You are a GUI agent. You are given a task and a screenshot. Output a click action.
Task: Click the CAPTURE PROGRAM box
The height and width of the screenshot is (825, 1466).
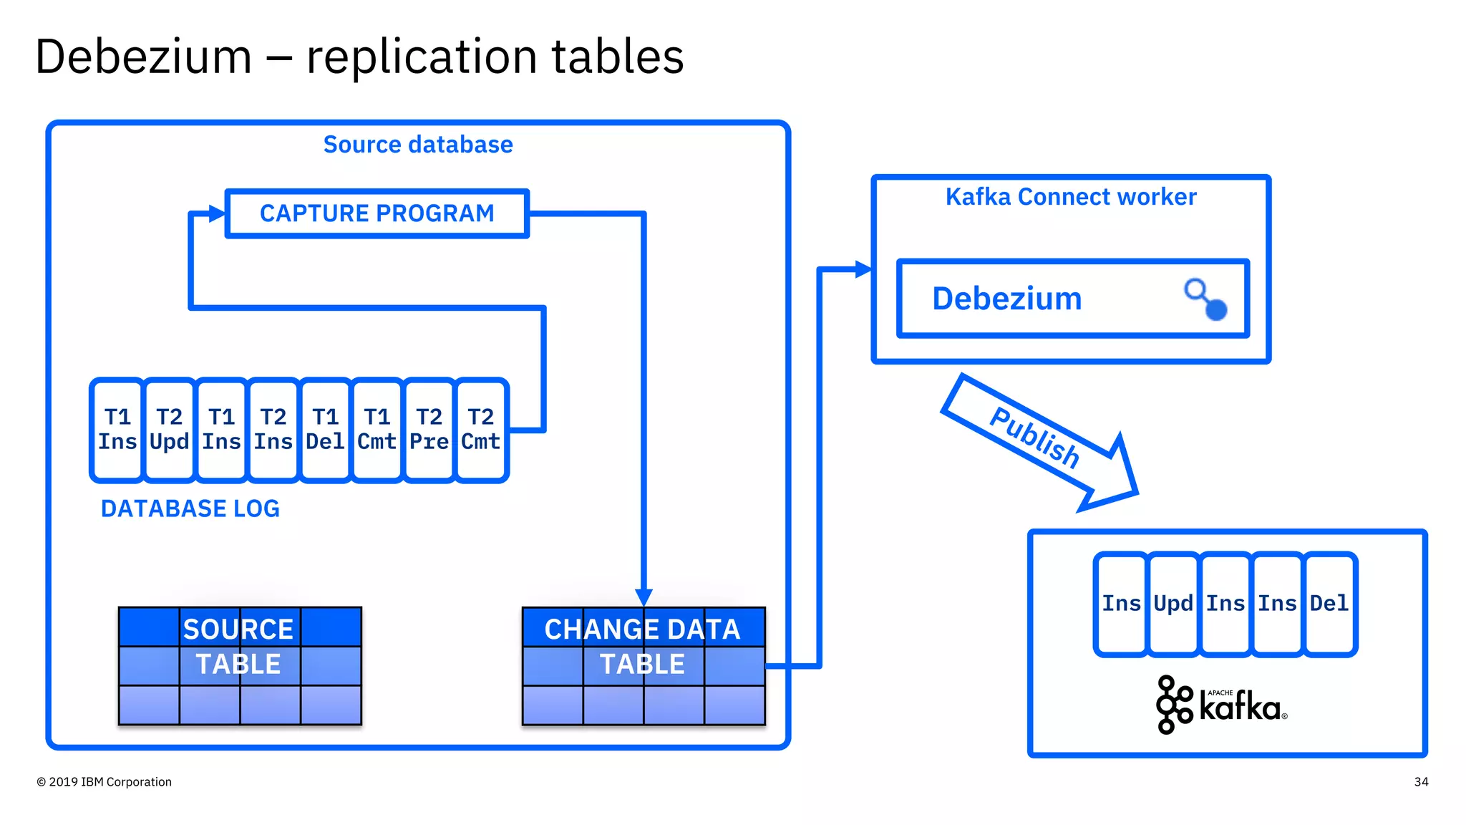(x=377, y=213)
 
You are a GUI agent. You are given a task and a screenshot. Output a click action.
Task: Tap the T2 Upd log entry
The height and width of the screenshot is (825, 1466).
(x=169, y=430)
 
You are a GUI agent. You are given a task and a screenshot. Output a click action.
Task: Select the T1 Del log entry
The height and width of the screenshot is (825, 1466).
(x=325, y=430)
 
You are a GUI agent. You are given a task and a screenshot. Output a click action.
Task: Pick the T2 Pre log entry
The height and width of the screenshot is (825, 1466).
(x=429, y=430)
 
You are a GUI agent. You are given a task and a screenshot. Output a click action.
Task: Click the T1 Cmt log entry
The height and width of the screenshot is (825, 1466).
(x=377, y=430)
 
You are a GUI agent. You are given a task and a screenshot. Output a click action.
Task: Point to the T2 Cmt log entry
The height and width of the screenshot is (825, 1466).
(x=480, y=430)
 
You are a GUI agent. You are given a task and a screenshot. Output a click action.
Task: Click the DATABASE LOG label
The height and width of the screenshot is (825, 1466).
(x=190, y=508)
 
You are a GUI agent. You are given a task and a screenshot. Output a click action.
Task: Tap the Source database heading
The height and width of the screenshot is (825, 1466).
(x=418, y=145)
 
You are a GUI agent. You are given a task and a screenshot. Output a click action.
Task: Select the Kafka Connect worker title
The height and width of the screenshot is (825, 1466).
(x=1070, y=197)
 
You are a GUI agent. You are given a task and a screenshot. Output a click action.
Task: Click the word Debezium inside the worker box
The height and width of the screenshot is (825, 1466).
(x=1006, y=299)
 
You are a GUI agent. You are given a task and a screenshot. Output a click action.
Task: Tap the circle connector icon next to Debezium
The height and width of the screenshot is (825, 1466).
(x=1206, y=300)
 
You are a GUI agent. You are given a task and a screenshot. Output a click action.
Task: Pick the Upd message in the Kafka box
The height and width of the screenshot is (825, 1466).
(x=1173, y=604)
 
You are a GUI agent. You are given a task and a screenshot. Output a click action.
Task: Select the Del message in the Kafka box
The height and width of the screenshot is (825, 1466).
(x=1329, y=604)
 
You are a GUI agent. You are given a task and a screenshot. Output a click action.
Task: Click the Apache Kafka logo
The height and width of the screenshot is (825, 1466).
(x=1221, y=705)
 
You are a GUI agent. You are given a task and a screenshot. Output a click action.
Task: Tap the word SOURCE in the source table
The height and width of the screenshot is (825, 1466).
(x=238, y=629)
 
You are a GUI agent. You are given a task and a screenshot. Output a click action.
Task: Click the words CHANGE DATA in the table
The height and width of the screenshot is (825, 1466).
(x=642, y=629)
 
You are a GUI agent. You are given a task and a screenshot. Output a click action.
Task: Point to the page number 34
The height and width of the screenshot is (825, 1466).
(x=1421, y=782)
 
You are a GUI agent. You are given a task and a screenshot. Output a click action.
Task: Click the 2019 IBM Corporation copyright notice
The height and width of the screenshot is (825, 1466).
(x=105, y=782)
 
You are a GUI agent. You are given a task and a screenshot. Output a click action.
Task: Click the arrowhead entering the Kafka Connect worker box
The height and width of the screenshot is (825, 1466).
(x=864, y=270)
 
